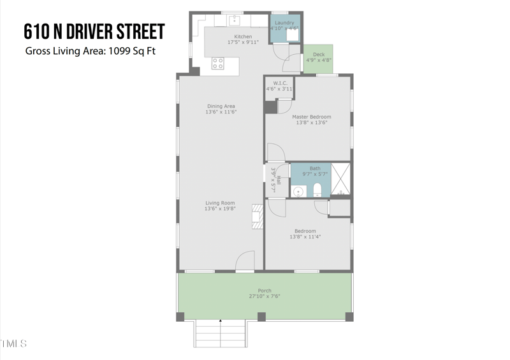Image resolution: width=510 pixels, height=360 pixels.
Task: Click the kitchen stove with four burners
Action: (x=218, y=63)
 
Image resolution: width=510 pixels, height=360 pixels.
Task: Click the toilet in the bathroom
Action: (x=317, y=190)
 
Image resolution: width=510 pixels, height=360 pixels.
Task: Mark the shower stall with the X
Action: (x=341, y=179)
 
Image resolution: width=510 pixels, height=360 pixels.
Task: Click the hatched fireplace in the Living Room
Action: (x=258, y=216)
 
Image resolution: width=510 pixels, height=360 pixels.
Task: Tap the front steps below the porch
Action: (x=220, y=333)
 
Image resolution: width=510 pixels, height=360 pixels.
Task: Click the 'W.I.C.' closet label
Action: (x=280, y=83)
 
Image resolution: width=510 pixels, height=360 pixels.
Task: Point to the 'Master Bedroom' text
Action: (x=312, y=117)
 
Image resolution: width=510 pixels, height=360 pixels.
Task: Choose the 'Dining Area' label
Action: (x=221, y=106)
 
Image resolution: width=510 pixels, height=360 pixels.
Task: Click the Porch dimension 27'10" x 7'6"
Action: (x=264, y=296)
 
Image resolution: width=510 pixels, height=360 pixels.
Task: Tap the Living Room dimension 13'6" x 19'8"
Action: (x=221, y=208)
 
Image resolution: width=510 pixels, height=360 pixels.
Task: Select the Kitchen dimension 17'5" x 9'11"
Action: (x=243, y=43)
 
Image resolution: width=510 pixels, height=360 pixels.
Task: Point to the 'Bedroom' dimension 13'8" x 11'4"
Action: (x=305, y=237)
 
